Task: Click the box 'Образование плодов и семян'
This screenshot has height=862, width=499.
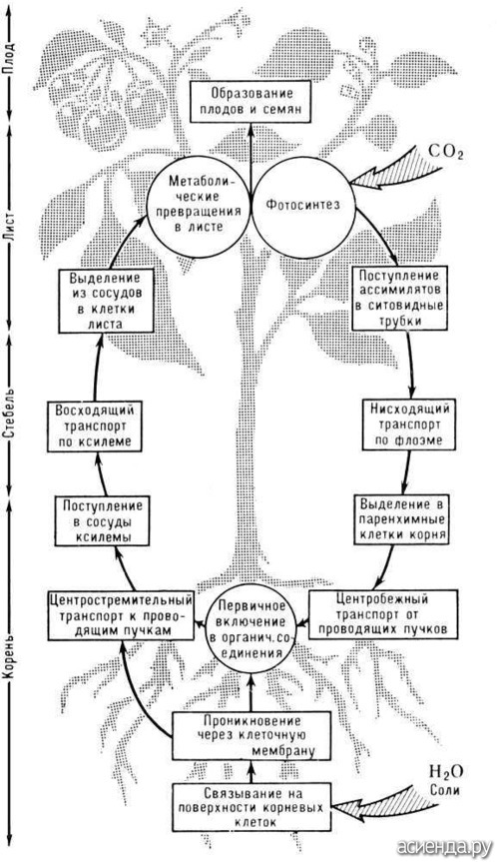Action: click(x=250, y=102)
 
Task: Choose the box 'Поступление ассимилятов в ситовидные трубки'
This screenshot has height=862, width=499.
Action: click(x=399, y=298)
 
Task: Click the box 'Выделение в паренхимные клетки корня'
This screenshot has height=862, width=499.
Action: click(x=402, y=518)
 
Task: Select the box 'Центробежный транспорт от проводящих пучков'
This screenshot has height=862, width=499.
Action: click(x=382, y=614)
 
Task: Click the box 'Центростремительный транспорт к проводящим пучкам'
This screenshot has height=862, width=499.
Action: click(x=122, y=615)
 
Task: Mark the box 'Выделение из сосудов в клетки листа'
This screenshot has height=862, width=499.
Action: click(x=105, y=301)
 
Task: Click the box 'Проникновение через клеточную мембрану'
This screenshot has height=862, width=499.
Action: click(x=251, y=735)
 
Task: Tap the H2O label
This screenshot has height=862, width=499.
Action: click(x=446, y=774)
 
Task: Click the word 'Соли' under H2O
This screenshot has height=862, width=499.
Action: click(x=446, y=792)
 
